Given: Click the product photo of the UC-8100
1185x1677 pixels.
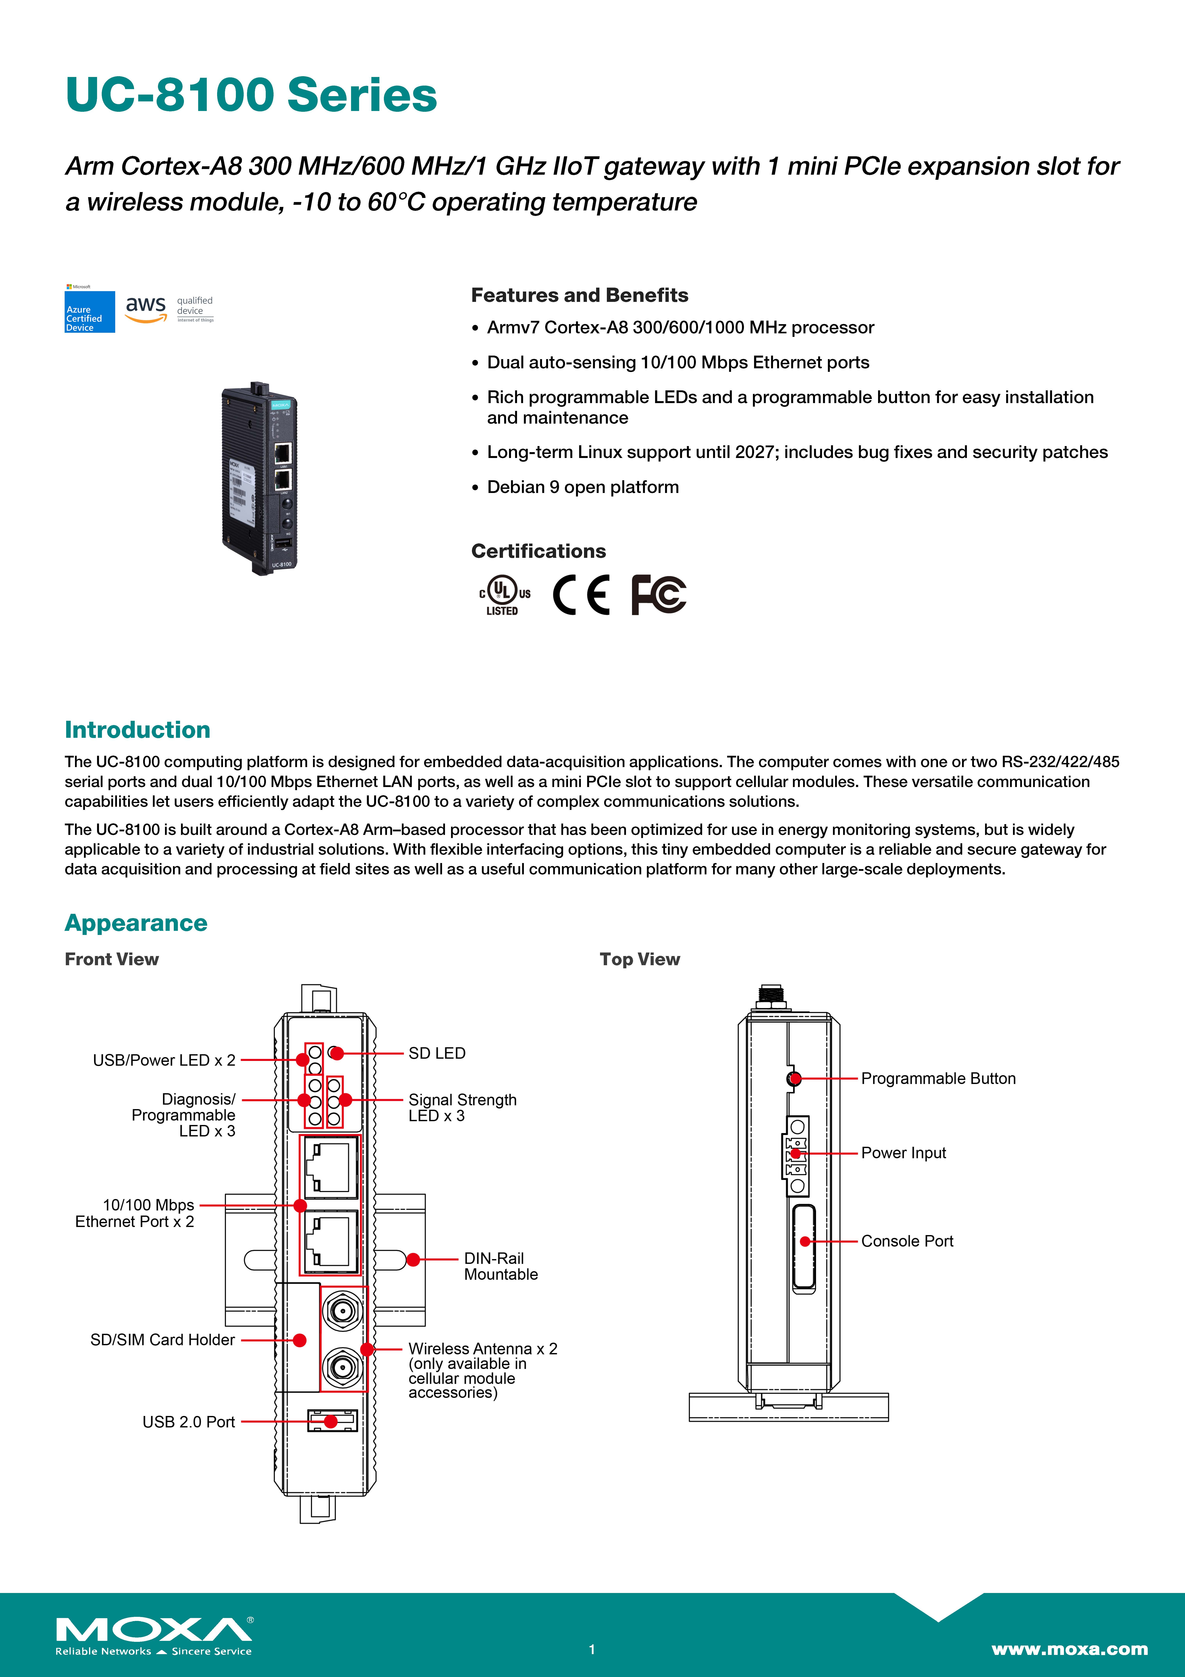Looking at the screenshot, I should (260, 479).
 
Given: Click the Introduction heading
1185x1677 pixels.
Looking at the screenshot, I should (137, 730).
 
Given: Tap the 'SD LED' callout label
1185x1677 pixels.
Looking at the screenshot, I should (437, 1053).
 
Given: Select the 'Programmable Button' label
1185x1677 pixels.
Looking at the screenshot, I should (938, 1079).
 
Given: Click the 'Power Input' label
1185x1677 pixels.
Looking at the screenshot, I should (903, 1153).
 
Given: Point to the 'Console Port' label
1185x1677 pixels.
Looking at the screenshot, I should (907, 1242).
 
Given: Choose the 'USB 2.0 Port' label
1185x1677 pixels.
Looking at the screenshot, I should (188, 1422).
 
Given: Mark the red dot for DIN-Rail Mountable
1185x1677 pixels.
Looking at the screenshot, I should (413, 1259).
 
